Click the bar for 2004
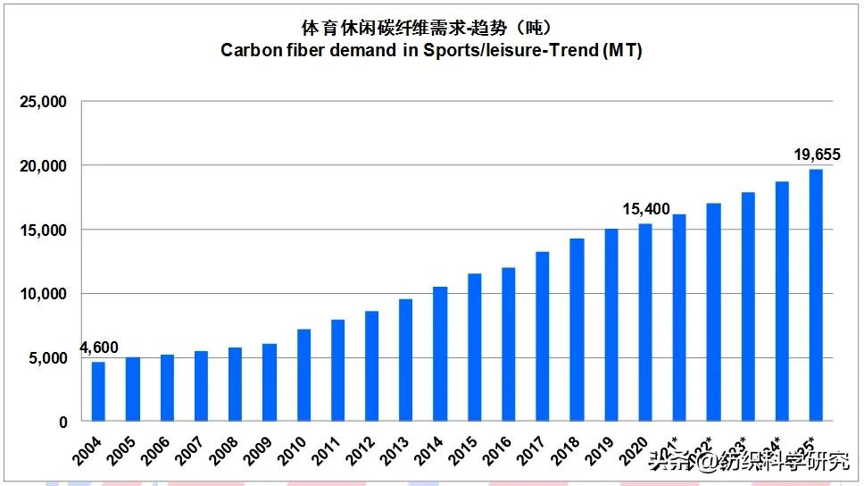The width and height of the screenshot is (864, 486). (98, 391)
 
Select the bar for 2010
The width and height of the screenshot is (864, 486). (303, 375)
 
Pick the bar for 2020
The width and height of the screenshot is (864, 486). (645, 323)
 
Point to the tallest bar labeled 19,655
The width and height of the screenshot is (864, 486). (816, 295)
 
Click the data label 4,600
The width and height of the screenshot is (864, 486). (99, 348)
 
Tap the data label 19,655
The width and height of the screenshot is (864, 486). (816, 155)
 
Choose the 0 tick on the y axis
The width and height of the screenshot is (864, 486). (62, 422)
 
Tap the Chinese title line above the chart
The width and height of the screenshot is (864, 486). (432, 25)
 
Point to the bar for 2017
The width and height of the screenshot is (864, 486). (543, 337)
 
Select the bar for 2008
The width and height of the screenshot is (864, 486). (235, 384)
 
